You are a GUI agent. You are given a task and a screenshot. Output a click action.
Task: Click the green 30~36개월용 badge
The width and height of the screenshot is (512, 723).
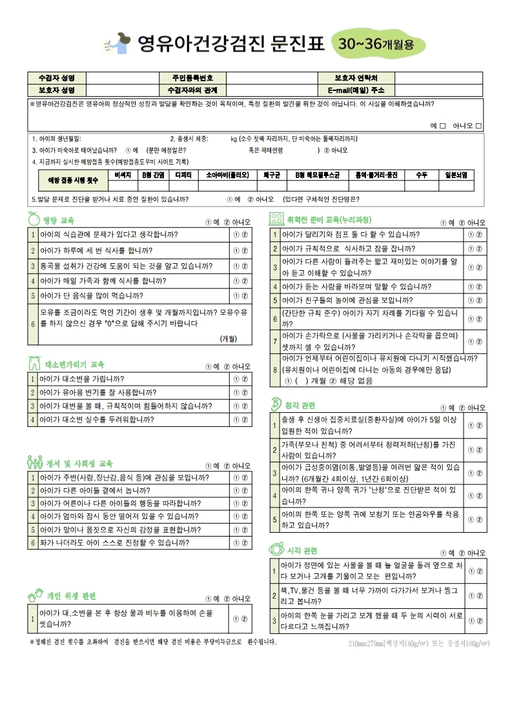[381, 45]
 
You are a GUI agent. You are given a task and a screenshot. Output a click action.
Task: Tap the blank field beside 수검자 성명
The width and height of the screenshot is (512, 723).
[123, 78]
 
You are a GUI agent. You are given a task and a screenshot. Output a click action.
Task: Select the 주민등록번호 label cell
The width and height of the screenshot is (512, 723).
[192, 78]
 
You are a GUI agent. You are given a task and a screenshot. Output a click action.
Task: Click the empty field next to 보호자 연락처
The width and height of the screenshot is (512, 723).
[438, 78]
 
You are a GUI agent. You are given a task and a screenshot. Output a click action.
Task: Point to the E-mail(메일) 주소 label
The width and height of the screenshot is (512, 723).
[356, 90]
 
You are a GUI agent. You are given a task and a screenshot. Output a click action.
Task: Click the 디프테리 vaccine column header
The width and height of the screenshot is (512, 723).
[183, 175]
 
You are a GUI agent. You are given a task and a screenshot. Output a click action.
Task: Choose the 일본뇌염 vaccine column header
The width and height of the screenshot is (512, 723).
[456, 175]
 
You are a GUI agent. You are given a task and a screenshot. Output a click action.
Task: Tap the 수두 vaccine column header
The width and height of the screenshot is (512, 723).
[421, 175]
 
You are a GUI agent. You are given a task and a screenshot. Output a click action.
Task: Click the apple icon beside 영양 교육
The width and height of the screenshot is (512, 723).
[34, 219]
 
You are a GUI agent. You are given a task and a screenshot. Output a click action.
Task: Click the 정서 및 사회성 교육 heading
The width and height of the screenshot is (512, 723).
[79, 463]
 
